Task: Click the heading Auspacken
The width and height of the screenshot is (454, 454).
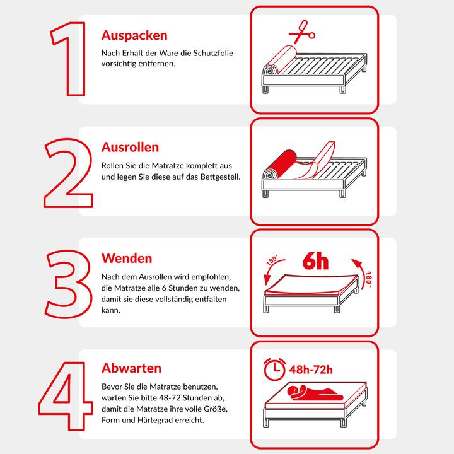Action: click(134, 35)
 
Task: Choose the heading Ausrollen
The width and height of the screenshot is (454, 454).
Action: click(130, 147)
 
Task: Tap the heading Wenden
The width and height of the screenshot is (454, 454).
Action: click(127, 259)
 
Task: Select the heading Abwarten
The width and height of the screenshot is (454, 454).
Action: click(131, 368)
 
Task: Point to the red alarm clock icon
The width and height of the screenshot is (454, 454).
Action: click(273, 369)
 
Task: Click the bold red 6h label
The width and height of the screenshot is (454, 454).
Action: click(315, 261)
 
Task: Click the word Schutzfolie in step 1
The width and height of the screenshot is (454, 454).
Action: click(209, 54)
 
